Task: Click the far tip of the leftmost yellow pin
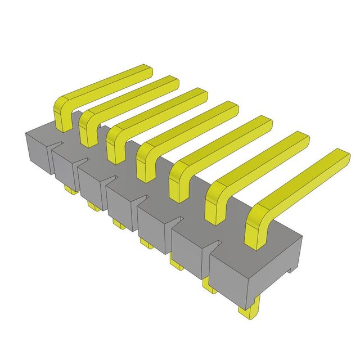(147, 71)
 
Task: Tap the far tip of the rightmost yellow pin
(344, 156)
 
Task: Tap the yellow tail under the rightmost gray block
(249, 312)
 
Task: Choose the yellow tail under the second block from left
(94, 207)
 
